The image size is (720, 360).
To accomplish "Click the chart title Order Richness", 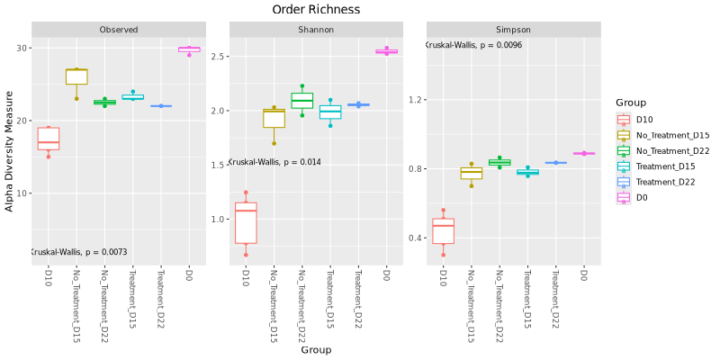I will pos(316,9).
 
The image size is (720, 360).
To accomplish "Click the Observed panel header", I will pos(119,30).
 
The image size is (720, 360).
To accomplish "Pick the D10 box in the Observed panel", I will pos(49,139).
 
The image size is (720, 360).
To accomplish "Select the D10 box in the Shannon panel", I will pos(245,222).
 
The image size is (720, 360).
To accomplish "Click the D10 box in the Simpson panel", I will pos(443,230).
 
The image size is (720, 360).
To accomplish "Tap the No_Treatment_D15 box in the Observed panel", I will pos(76,76).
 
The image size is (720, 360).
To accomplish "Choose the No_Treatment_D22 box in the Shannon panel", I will pos(301,100).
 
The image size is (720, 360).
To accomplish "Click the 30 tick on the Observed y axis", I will pos(24,48).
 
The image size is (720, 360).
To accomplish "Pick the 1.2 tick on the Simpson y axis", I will pos(417,99).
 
